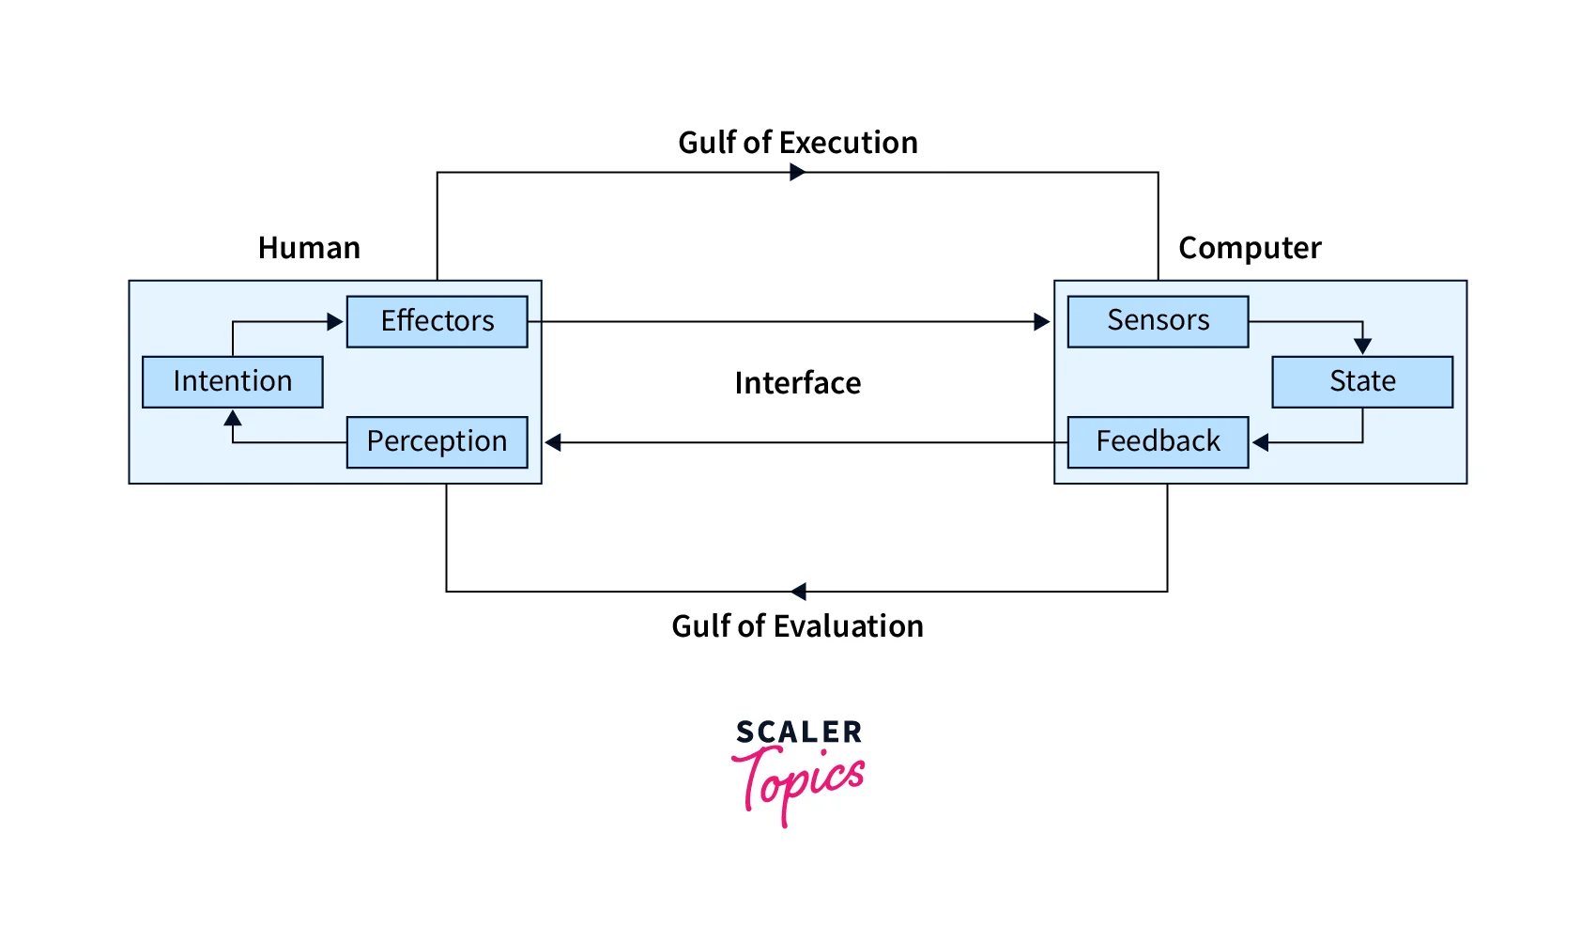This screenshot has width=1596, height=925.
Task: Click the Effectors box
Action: [x=437, y=321]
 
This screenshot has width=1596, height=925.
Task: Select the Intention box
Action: [x=232, y=381]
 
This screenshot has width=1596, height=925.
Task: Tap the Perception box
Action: [x=437, y=441]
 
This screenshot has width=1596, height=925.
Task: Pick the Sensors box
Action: [x=1158, y=321]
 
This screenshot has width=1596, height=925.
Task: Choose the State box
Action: [x=1362, y=381]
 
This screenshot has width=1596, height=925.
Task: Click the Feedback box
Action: [x=1158, y=441]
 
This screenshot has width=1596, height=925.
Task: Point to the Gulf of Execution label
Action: [x=798, y=143]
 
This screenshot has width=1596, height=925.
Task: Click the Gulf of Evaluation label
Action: [x=798, y=626]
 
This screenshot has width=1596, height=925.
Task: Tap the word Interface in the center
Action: [x=798, y=383]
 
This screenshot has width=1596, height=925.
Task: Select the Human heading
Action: [x=309, y=248]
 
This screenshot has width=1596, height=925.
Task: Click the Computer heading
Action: [x=1250, y=248]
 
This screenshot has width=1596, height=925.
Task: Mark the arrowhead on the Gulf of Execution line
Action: [x=798, y=172]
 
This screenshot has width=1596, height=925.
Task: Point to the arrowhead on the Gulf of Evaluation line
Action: [x=799, y=591]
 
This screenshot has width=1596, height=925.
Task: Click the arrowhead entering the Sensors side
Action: [x=1041, y=322]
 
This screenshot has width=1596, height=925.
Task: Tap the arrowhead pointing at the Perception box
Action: [x=554, y=442]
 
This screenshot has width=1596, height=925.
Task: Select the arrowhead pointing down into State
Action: [x=1363, y=347]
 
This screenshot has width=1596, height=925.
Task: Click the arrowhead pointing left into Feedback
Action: [x=1261, y=442]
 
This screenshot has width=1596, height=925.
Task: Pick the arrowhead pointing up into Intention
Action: [x=233, y=418]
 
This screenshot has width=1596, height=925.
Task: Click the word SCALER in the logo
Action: [x=799, y=732]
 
